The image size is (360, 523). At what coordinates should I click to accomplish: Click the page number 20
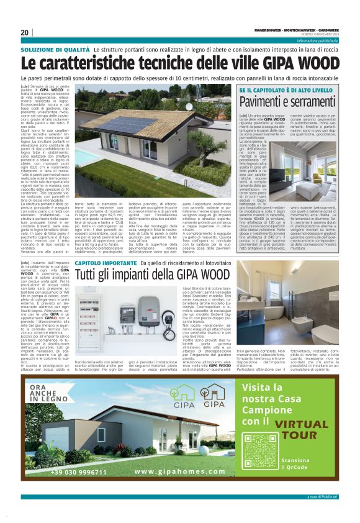25,33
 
